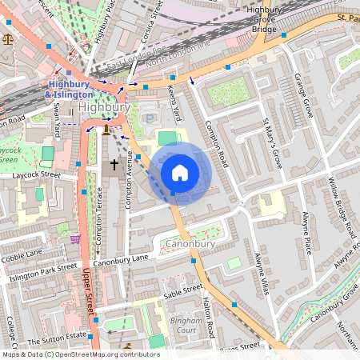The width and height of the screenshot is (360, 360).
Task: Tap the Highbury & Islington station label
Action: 70,90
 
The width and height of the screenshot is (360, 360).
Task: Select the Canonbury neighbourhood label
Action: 190,242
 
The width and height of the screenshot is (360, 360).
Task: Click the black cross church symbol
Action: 114,165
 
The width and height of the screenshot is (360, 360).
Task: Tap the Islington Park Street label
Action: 42,273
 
